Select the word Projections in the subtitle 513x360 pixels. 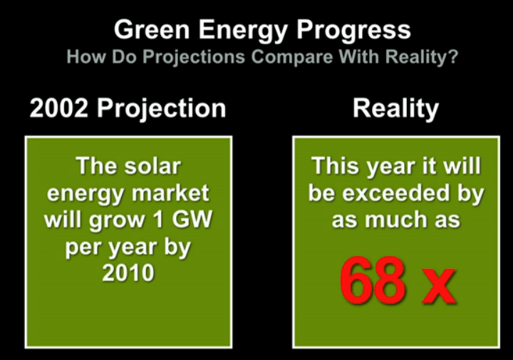(x=182, y=58)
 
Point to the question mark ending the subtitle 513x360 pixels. (x=452, y=58)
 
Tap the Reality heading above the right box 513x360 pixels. (x=395, y=108)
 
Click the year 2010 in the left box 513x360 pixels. (x=128, y=272)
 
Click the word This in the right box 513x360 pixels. (x=338, y=166)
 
